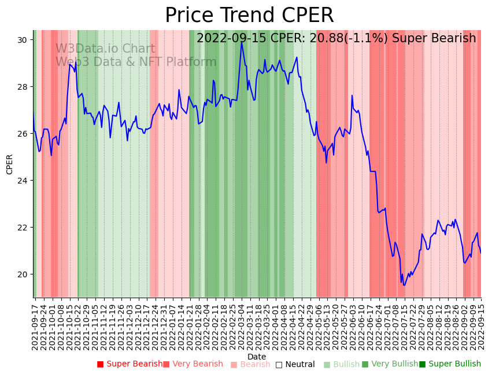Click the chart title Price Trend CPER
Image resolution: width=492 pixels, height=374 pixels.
[x=249, y=16]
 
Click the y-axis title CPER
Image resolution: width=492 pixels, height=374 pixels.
[x=10, y=164]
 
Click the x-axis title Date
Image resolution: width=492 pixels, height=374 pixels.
[x=257, y=357]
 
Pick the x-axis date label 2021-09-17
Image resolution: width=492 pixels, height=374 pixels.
[x=35, y=325]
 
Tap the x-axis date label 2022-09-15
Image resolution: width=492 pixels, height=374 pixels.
[x=479, y=325]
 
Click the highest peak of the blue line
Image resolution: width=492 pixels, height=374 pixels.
[x=242, y=42]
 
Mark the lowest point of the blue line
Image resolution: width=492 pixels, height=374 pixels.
[x=404, y=285]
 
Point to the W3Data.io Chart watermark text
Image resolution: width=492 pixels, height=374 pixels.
[x=105, y=49]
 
